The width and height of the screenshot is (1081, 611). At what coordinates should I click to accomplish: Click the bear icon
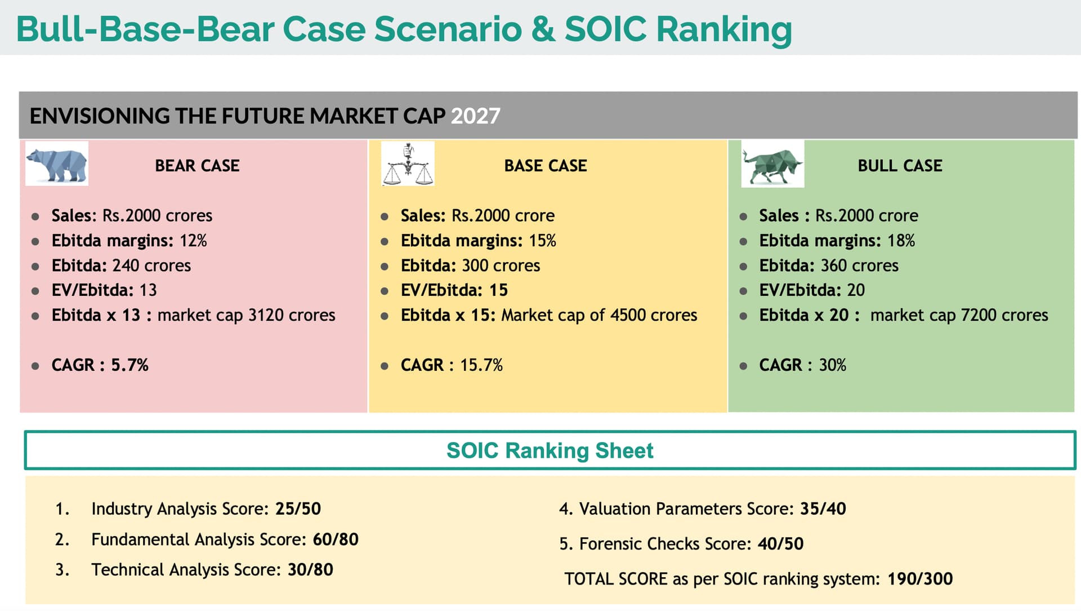tap(57, 163)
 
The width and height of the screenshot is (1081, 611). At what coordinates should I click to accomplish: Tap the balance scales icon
tap(408, 163)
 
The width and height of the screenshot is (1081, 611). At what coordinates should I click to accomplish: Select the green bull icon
tap(772, 164)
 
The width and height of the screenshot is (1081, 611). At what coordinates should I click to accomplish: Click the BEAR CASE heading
tap(197, 166)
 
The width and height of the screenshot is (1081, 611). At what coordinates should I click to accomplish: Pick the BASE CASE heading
tap(546, 166)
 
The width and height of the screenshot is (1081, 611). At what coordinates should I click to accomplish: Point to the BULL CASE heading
tap(900, 166)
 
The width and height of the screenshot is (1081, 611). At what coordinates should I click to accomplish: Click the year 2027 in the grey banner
tap(475, 116)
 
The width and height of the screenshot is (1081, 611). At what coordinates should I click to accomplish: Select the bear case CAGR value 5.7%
tap(129, 365)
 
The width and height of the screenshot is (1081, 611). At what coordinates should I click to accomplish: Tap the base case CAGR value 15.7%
tap(481, 365)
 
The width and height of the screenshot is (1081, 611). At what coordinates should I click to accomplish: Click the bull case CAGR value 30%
tap(832, 365)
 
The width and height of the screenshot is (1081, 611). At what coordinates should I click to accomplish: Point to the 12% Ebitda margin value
tap(193, 241)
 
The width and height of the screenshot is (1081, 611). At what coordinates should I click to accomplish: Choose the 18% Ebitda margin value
tap(901, 241)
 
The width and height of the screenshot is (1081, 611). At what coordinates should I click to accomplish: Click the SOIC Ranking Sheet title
tap(550, 451)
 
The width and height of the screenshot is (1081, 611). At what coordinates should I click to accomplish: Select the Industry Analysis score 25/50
tap(298, 509)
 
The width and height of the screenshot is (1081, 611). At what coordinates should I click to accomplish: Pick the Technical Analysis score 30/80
tap(310, 570)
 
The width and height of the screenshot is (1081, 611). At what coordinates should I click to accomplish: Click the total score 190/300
tap(920, 579)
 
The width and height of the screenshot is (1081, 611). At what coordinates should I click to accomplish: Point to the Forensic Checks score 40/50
tap(780, 544)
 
